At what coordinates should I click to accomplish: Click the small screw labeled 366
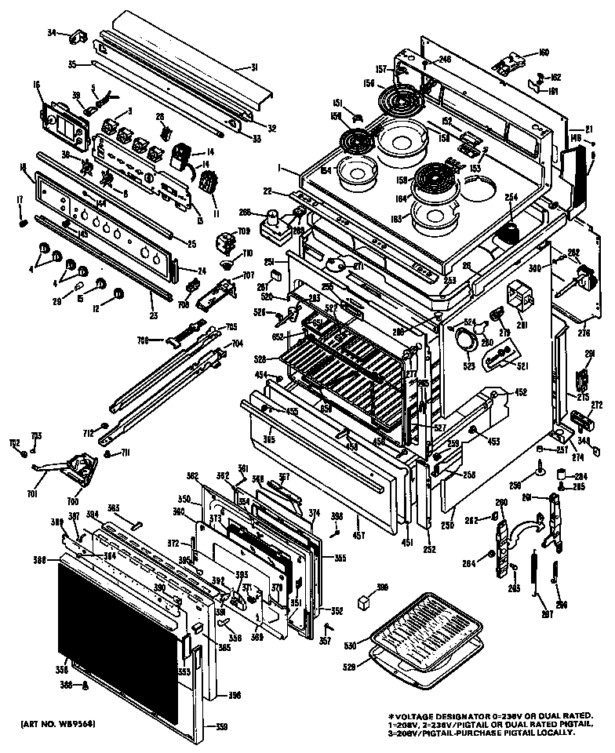85,685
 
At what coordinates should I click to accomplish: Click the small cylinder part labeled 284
562,474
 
